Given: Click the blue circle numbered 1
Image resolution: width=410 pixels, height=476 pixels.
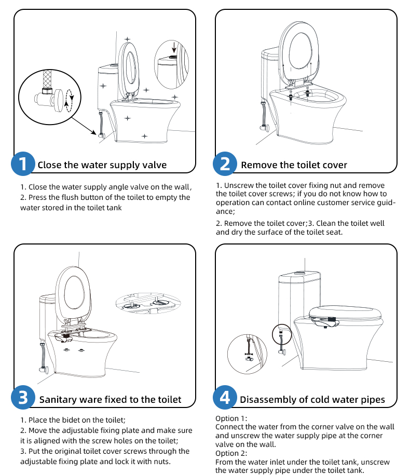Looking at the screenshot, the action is click(x=23, y=164).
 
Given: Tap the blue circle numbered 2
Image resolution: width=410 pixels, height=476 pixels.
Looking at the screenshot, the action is click(x=225, y=164).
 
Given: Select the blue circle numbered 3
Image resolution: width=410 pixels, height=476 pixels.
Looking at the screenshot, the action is click(x=23, y=397).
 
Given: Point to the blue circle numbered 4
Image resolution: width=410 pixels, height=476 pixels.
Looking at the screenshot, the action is click(x=225, y=397).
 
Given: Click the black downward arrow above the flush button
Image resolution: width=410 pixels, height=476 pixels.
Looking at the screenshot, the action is click(x=173, y=48).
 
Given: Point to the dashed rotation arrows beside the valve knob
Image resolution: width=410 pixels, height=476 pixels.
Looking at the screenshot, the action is click(x=70, y=101).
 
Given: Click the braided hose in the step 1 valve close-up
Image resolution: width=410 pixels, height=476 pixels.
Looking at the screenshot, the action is click(x=47, y=79).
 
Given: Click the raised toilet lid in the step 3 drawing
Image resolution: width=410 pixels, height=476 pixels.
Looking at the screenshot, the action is click(x=73, y=293).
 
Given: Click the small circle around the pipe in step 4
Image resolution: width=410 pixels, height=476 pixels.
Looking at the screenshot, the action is click(x=282, y=334).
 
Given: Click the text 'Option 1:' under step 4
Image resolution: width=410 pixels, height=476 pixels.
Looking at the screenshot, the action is click(x=231, y=418).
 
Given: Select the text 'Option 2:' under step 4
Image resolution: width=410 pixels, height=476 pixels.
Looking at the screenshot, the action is click(x=231, y=453).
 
